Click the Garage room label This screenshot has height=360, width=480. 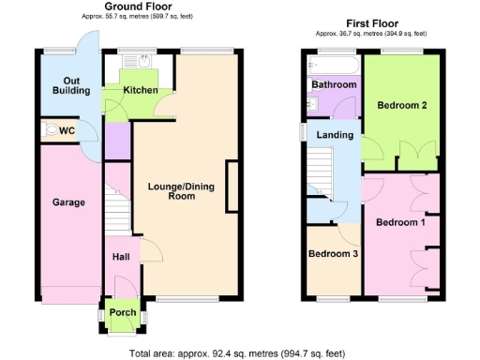68,202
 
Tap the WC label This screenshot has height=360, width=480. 67,130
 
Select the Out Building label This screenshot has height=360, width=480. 69,85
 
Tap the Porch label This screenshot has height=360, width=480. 123,312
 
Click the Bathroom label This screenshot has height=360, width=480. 334,85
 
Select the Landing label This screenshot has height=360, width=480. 335,135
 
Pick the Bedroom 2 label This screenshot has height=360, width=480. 402,105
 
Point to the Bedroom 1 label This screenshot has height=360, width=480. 400,223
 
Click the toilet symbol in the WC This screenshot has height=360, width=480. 50,131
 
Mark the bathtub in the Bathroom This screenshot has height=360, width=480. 333,65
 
